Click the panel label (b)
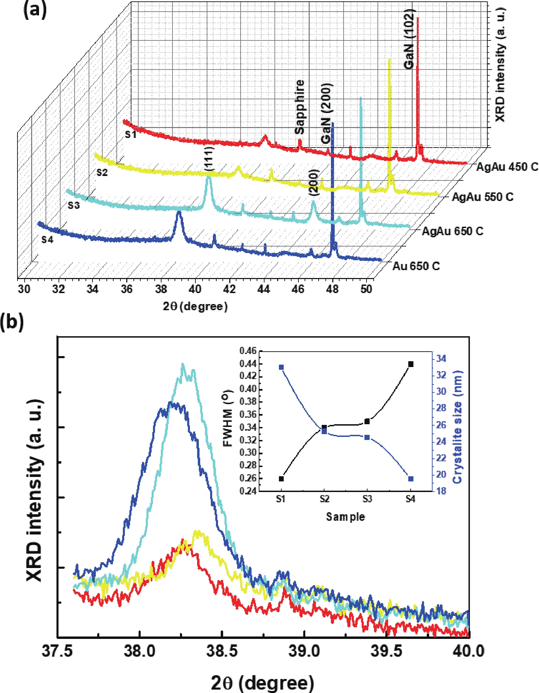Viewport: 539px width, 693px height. pyautogui.click(x=12, y=322)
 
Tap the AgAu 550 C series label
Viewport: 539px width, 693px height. pyautogui.click(x=483, y=197)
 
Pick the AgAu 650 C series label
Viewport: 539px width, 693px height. pyautogui.click(x=452, y=231)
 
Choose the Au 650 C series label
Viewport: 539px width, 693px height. pyautogui.click(x=416, y=266)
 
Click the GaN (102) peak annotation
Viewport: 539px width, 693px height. pyautogui.click(x=409, y=39)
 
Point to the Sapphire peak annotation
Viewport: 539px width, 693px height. pyautogui.click(x=299, y=107)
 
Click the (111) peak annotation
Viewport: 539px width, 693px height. pyautogui.click(x=209, y=159)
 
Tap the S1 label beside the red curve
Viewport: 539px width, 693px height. pyautogui.click(x=130, y=135)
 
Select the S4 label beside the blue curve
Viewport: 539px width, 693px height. pyautogui.click(x=47, y=240)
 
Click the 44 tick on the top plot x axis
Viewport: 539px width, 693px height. pyautogui.click(x=264, y=289)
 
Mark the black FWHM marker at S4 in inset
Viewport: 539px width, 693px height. pyautogui.click(x=411, y=364)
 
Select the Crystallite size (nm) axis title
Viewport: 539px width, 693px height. pyautogui.click(x=457, y=427)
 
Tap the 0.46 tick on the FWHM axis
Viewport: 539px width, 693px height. pyautogui.click(x=248, y=351)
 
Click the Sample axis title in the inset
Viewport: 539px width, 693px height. pyautogui.click(x=345, y=516)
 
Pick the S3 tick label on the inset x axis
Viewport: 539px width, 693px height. pyautogui.click(x=367, y=499)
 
